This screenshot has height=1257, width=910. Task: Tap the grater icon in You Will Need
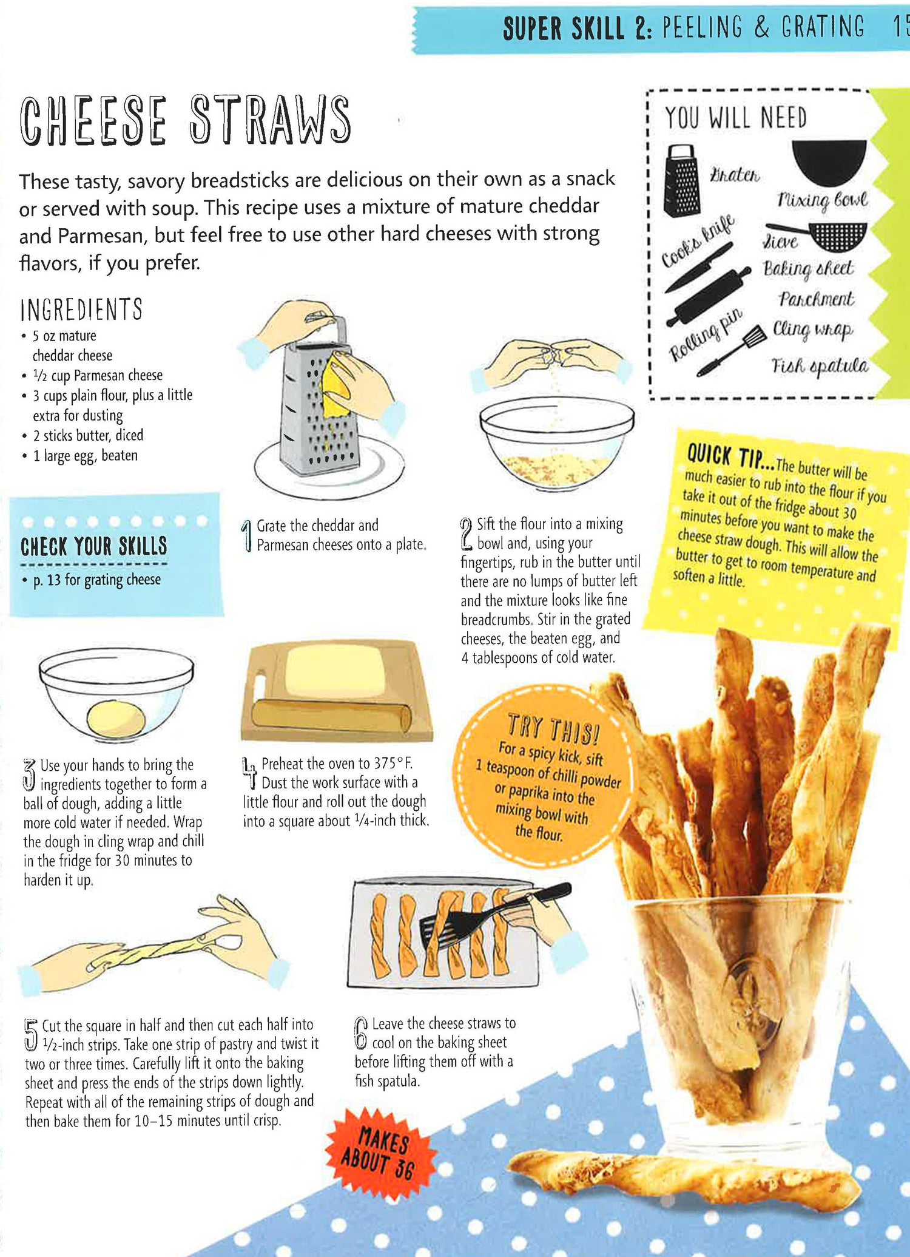(x=682, y=180)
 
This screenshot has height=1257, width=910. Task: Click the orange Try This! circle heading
(x=553, y=728)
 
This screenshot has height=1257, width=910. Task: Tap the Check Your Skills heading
(x=93, y=546)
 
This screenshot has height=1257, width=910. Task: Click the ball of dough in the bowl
(x=116, y=719)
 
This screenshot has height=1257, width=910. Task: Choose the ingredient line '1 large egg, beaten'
(x=85, y=455)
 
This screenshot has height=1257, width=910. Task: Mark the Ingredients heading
(x=81, y=309)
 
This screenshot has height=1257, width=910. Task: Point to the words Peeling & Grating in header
(x=763, y=28)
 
